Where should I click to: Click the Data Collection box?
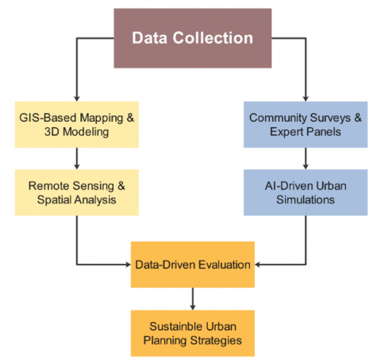[x=193, y=38]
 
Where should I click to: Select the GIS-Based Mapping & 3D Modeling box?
[x=77, y=125]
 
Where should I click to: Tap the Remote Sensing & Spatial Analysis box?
[x=77, y=192]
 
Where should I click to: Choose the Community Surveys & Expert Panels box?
[x=306, y=125]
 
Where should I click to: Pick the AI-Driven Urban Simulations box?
[x=306, y=192]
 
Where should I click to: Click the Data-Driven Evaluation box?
[x=193, y=265]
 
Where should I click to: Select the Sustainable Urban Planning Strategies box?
[x=193, y=333]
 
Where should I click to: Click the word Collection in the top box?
[x=213, y=38]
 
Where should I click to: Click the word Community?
[x=278, y=118]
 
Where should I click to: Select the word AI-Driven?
[x=286, y=186]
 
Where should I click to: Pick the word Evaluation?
[x=225, y=265]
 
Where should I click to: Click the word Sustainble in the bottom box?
[x=176, y=327]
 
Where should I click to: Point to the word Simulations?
[x=306, y=199]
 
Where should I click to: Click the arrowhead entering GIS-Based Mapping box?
[x=77, y=99]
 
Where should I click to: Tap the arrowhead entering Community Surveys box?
[x=306, y=99]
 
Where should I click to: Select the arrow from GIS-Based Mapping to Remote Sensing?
[x=77, y=159]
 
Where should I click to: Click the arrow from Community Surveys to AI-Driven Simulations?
[x=306, y=159]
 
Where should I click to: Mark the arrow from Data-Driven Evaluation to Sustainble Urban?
[x=193, y=299]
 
